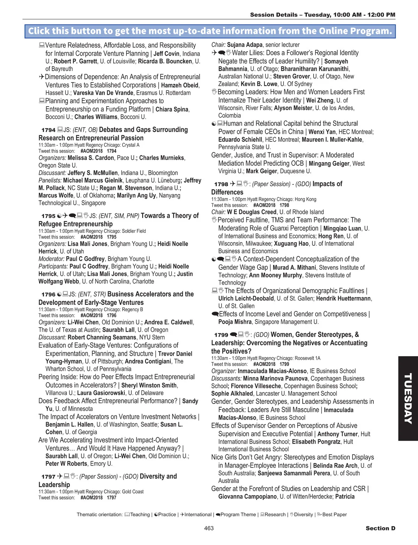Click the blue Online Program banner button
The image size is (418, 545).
click(210, 31)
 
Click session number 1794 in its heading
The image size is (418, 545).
click(48, 130)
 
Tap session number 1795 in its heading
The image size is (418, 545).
click(48, 216)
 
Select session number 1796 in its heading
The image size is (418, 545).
click(48, 295)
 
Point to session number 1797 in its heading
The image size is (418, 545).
click(48, 477)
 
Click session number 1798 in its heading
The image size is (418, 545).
click(221, 184)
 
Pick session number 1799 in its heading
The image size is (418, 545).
click(221, 335)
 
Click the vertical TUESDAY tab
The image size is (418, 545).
click(408, 398)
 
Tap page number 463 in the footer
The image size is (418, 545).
click(209, 528)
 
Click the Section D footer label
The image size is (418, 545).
click(380, 528)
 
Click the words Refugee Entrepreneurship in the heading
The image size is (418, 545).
click(76, 224)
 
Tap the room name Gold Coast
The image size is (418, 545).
click(133, 492)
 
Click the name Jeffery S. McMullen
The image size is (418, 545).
click(93, 173)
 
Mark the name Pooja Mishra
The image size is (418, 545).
click(235, 322)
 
